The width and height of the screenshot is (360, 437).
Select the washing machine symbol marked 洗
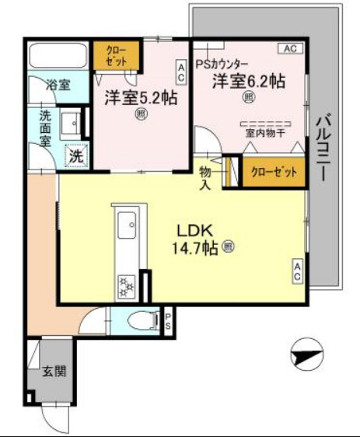click(75, 156)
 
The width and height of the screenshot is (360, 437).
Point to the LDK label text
click(199, 231)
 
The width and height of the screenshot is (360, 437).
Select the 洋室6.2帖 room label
click(250, 80)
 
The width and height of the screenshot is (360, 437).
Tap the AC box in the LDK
click(298, 271)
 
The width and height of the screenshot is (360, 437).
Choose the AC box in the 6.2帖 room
click(289, 49)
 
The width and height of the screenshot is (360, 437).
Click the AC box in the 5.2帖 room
click(181, 73)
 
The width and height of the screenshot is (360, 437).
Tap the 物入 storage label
click(206, 177)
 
